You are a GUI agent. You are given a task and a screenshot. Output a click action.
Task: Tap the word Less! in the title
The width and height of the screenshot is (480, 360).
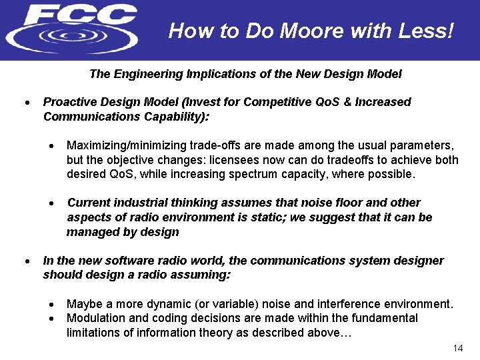coord(426,31)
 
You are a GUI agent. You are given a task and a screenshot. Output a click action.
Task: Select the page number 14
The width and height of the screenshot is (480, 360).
coord(457,349)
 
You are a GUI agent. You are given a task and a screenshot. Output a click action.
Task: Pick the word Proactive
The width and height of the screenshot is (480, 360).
coord(68,102)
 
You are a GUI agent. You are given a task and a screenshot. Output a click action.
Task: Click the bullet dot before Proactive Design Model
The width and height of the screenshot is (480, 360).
coord(26,103)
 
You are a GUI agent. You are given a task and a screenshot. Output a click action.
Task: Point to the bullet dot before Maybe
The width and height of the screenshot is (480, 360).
coord(51,305)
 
